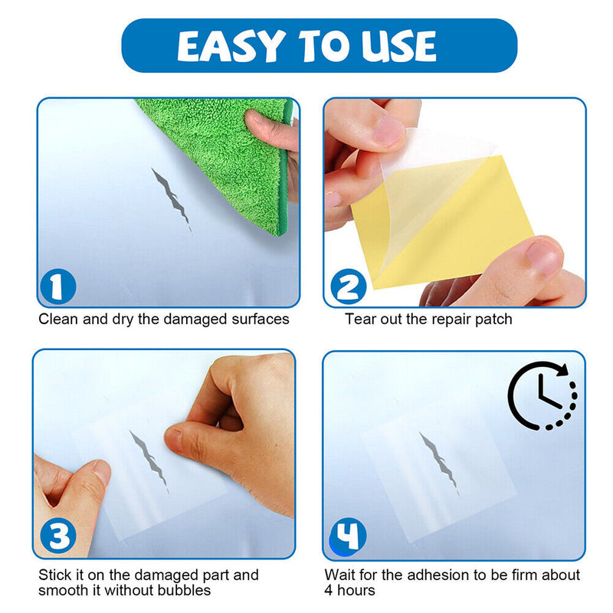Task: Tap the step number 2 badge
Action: [347, 288]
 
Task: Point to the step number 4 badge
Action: [347, 537]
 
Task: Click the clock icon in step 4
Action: [543, 395]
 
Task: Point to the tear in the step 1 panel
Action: [172, 195]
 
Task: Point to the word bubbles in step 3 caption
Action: [185, 591]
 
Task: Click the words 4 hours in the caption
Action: [350, 591]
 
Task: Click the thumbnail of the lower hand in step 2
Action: [544, 257]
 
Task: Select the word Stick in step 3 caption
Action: [54, 575]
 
